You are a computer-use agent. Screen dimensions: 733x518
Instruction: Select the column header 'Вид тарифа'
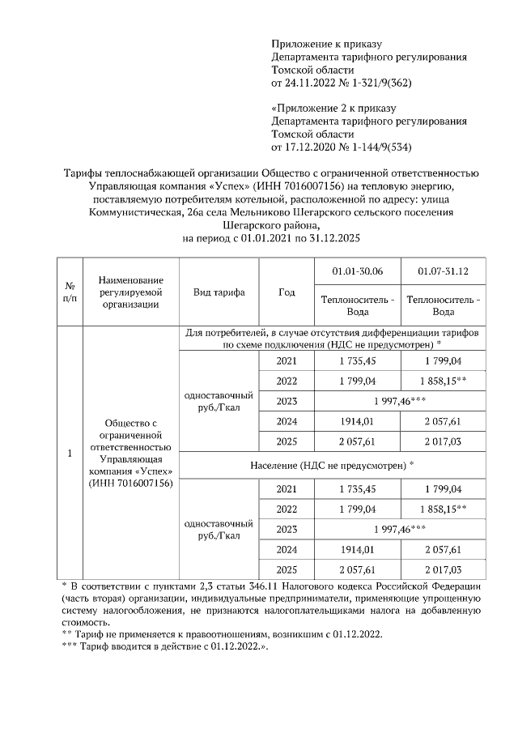(x=219, y=292)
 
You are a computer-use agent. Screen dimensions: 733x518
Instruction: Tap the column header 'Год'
(x=287, y=292)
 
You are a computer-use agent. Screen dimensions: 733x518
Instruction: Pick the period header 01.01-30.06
(x=357, y=270)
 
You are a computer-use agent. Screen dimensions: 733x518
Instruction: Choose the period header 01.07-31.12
(x=443, y=270)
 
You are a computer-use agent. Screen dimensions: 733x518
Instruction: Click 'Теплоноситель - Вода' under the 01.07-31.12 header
(x=443, y=305)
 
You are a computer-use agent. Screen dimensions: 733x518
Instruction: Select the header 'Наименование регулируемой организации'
(x=130, y=292)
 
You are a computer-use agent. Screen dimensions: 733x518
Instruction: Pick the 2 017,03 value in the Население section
(x=443, y=570)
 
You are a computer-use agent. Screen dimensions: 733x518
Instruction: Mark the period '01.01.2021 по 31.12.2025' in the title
(x=299, y=239)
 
